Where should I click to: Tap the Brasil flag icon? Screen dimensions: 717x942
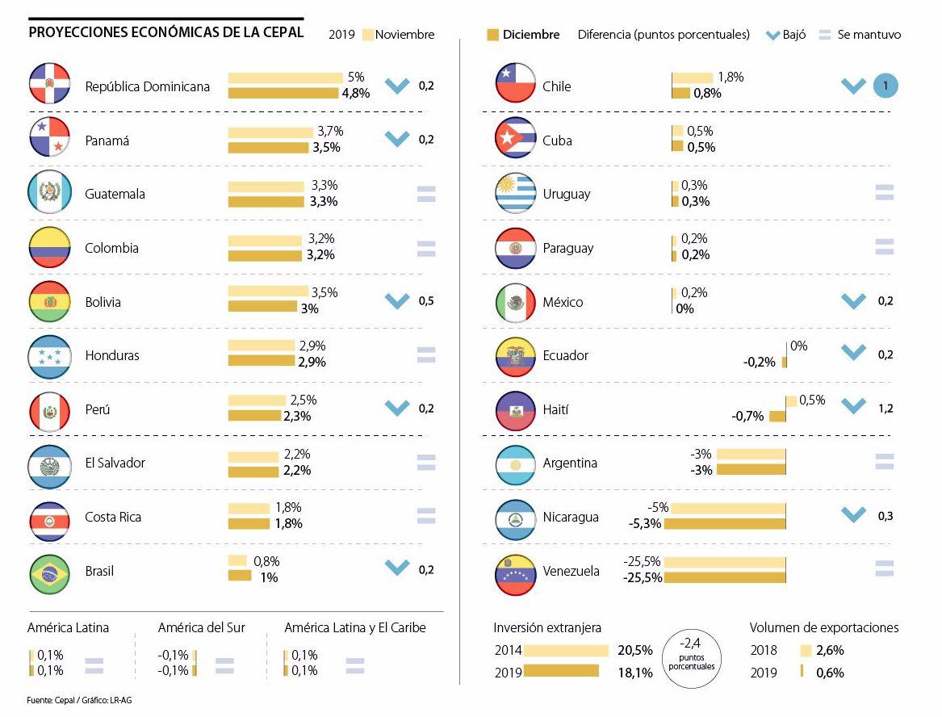[50, 572]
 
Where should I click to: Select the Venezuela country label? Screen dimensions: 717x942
[571, 572]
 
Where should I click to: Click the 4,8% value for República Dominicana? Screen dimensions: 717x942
[356, 93]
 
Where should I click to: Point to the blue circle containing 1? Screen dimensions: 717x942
[885, 86]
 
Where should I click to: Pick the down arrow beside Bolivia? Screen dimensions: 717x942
[397, 301]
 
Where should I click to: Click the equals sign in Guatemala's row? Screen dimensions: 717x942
[426, 194]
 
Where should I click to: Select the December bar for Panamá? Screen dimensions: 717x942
[268, 148]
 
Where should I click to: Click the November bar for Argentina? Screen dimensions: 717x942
[751, 455]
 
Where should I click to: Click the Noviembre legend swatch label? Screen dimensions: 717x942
[404, 35]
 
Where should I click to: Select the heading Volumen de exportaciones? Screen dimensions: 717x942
[823, 627]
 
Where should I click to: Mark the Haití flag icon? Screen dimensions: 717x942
[516, 410]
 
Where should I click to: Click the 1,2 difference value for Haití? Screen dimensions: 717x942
[885, 409]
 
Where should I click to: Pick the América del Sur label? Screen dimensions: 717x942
[201, 627]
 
